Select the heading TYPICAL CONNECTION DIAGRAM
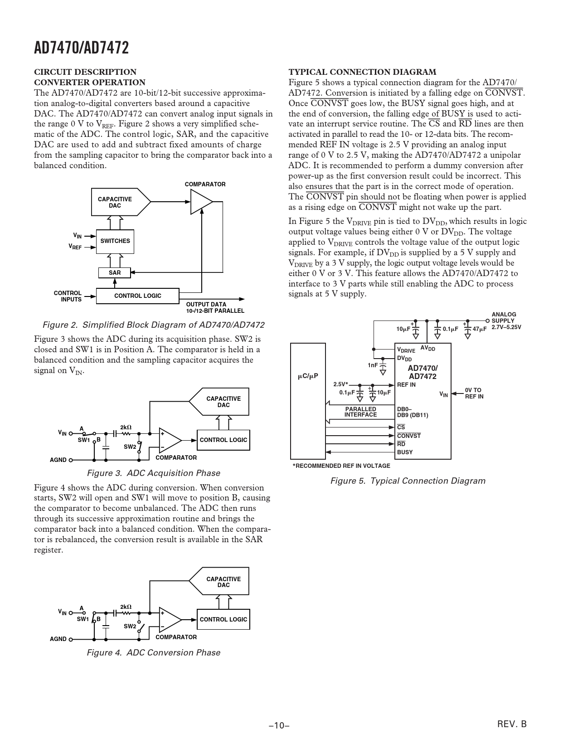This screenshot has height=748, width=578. pyautogui.click(x=362, y=72)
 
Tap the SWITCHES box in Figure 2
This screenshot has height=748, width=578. pyautogui.click(x=115, y=241)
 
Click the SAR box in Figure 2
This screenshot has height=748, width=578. pyautogui.click(x=115, y=273)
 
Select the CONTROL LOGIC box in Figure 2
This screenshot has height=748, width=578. pyautogui.click(x=138, y=296)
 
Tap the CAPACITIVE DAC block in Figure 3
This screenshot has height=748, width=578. pyautogui.click(x=223, y=402)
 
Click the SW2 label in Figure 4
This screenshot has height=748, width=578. pyautogui.click(x=130, y=626)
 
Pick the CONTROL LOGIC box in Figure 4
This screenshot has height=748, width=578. pyautogui.click(x=223, y=620)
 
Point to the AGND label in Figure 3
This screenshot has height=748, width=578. pyautogui.click(x=58, y=460)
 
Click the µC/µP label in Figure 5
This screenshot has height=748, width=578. pyautogui.click(x=308, y=376)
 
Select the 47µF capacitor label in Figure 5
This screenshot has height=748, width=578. pyautogui.click(x=479, y=329)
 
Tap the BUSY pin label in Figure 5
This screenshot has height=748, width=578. pyautogui.click(x=405, y=452)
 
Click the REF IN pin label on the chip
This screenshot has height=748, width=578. pyautogui.click(x=406, y=385)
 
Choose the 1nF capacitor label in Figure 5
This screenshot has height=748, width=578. pyautogui.click(x=373, y=365)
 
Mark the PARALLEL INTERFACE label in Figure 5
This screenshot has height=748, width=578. pyautogui.click(x=360, y=412)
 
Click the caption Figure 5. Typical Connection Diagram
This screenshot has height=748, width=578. pyautogui.click(x=408, y=481)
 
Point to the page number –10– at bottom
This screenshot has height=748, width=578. pyautogui.click(x=279, y=725)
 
